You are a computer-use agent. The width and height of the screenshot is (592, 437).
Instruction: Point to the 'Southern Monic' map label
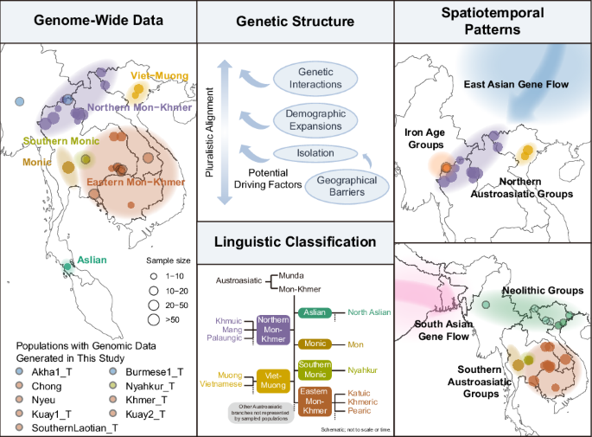coord(54,140)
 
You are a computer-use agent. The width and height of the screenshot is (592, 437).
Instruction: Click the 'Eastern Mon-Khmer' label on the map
coord(135,183)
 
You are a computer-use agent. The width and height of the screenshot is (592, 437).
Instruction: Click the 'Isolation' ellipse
coord(316,153)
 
